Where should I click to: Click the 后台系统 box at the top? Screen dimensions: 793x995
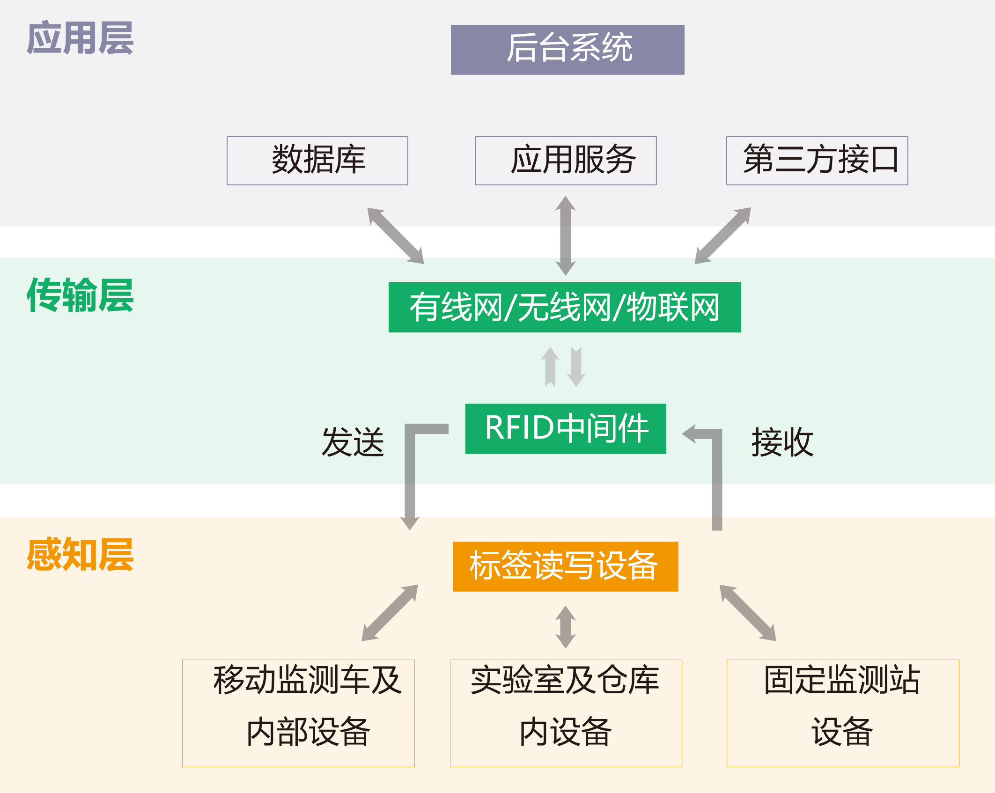[x=568, y=49]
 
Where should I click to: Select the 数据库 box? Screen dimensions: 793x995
[x=317, y=160]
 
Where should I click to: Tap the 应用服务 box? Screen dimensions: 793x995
[x=566, y=160]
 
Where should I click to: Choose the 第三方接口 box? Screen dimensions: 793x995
[x=817, y=160]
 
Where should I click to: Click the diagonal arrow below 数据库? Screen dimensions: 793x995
[x=396, y=235]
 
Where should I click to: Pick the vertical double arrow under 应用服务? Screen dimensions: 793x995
[x=566, y=235]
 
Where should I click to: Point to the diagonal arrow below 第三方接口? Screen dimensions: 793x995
[x=722, y=235]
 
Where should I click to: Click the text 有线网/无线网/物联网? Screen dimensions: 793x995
[x=564, y=308]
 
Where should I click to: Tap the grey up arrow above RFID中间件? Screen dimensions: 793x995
[x=550, y=367]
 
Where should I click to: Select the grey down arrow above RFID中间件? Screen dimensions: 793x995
[x=576, y=367]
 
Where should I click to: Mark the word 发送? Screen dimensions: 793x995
[x=353, y=442]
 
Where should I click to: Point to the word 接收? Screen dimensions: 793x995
[x=782, y=442]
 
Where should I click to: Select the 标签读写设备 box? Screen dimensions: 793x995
[x=564, y=565]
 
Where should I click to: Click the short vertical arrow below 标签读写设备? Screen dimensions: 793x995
[x=566, y=627]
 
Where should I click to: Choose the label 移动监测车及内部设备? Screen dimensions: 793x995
[x=308, y=705]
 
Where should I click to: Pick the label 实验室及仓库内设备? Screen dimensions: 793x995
[x=565, y=705]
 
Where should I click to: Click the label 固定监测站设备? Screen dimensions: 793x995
[x=842, y=705]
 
